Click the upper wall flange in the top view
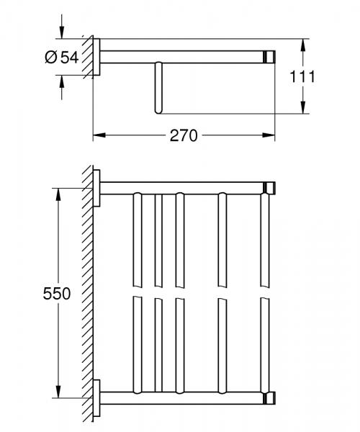point(96,189)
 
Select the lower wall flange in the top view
point(96,398)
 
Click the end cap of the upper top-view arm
point(271,189)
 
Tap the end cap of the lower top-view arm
point(271,398)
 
